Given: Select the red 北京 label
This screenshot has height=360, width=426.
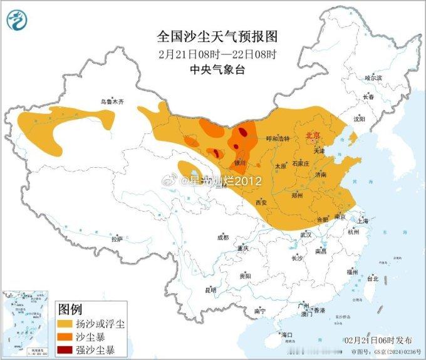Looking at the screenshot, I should click(313, 135).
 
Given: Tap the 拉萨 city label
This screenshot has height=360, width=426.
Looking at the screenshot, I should click(117, 239).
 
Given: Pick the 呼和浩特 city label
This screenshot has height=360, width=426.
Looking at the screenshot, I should click(278, 139).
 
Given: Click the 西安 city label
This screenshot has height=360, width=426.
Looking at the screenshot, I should click(261, 202).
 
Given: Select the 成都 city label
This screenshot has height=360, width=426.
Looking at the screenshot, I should click(223, 238).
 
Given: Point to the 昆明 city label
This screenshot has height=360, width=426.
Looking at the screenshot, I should click(210, 290).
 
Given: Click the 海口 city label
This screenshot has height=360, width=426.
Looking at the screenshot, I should click(288, 335).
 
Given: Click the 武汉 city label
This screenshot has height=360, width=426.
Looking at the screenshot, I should click(306, 234).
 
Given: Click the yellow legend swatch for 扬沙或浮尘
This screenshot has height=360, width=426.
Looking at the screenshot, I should click(65, 324).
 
